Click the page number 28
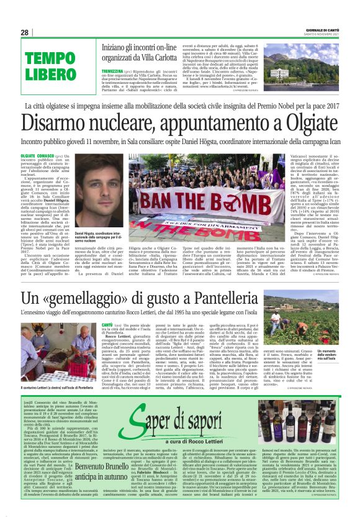(x=24, y=32)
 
